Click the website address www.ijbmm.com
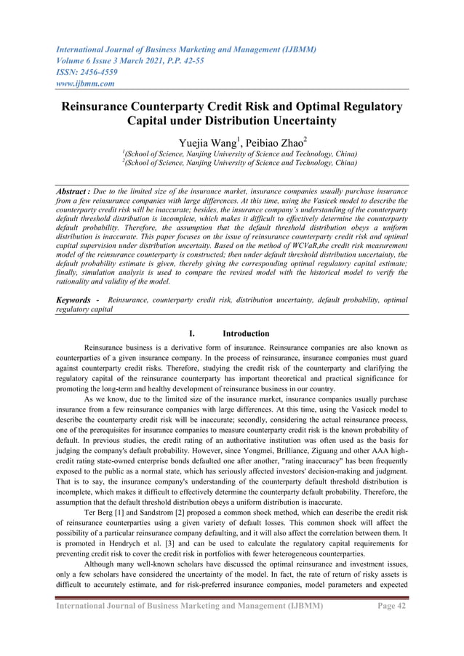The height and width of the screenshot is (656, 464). click(87, 84)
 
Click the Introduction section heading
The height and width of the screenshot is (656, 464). click(247, 334)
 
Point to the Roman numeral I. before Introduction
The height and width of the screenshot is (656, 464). click(191, 334)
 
